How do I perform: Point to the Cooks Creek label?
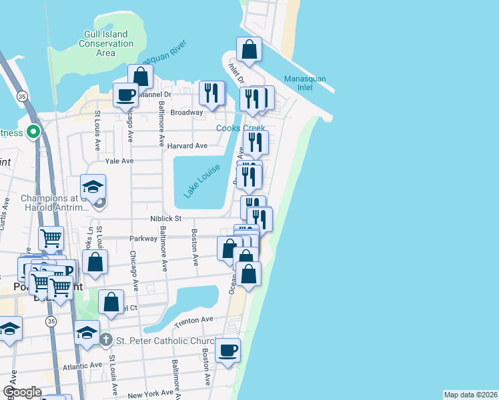[x=240, y=128]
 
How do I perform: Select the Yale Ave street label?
[x=119, y=161]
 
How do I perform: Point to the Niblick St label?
[x=166, y=218]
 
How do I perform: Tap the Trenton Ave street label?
[x=192, y=323]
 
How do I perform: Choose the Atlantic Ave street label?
[x=83, y=365]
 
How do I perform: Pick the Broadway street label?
[x=187, y=113]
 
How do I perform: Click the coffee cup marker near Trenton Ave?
[x=227, y=350]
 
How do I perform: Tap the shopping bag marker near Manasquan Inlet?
[x=249, y=49]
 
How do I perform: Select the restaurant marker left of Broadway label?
[x=211, y=93]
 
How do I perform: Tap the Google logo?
[x=21, y=393]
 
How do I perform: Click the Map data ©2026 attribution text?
[x=470, y=395]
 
